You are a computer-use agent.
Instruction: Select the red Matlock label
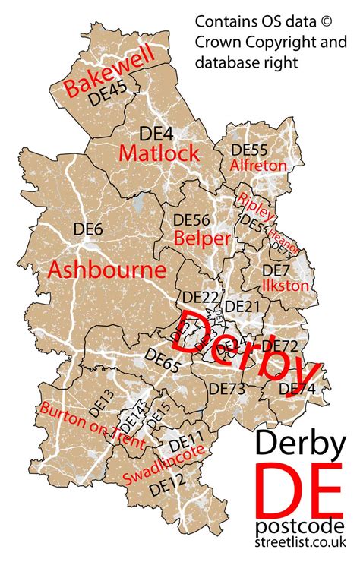159,153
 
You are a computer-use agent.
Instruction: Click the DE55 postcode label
250,150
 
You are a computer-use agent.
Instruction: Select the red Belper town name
202,238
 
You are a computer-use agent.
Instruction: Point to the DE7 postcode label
276,270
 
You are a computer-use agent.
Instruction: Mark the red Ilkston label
286,286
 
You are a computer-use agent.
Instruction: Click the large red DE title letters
298,488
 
